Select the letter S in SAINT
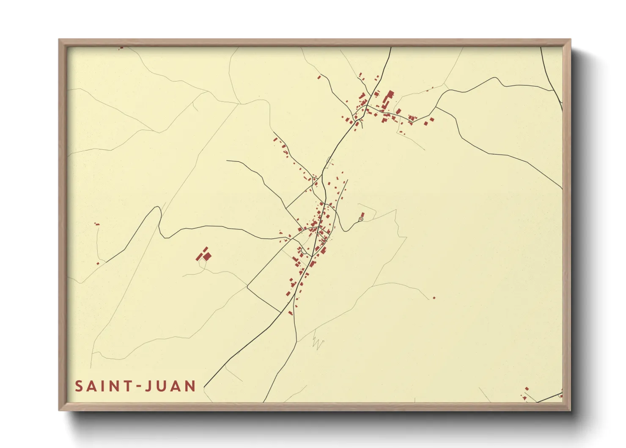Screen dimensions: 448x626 pyautogui.click(x=79, y=386)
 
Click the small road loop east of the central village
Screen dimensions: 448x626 pyautogui.click(x=361, y=219)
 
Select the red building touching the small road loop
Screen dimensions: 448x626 pyautogui.click(x=362, y=215)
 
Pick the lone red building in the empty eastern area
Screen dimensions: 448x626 pyautogui.click(x=434, y=298)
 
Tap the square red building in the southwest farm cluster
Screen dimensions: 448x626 pyautogui.click(x=207, y=256)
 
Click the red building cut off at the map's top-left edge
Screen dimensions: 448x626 pyautogui.click(x=121, y=48)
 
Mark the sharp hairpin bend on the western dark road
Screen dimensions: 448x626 pyautogui.click(x=160, y=208)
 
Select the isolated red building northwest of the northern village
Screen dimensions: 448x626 pyautogui.click(x=319, y=77)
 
